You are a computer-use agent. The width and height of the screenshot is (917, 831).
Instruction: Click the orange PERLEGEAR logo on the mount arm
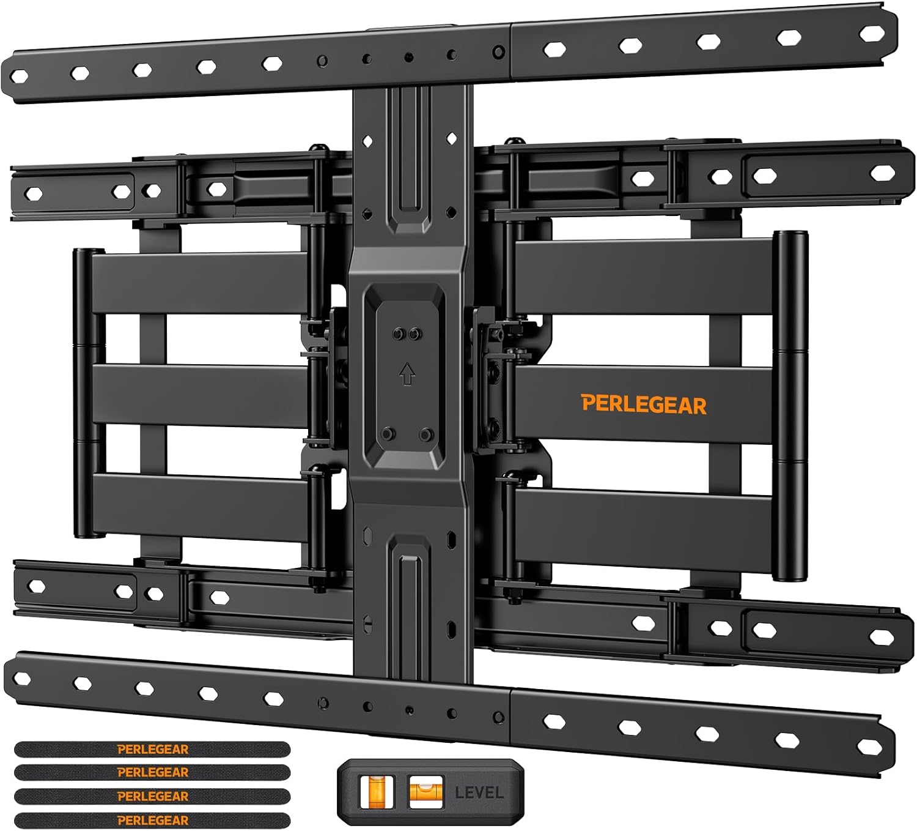[x=644, y=404]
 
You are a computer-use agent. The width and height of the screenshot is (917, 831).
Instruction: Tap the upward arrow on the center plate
[x=407, y=373]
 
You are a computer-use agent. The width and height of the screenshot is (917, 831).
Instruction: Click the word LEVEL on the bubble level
[x=479, y=792]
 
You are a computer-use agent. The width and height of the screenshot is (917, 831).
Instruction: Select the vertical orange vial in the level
[x=377, y=791]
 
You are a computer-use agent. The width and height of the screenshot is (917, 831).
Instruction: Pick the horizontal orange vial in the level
[x=425, y=791]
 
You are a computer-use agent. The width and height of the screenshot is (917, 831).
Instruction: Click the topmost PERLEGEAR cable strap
[x=152, y=750]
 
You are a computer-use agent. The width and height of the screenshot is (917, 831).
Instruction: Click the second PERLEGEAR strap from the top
[x=152, y=772]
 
